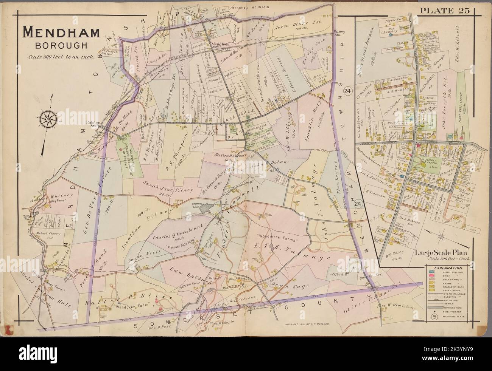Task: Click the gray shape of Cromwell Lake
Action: tap(207, 209)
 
